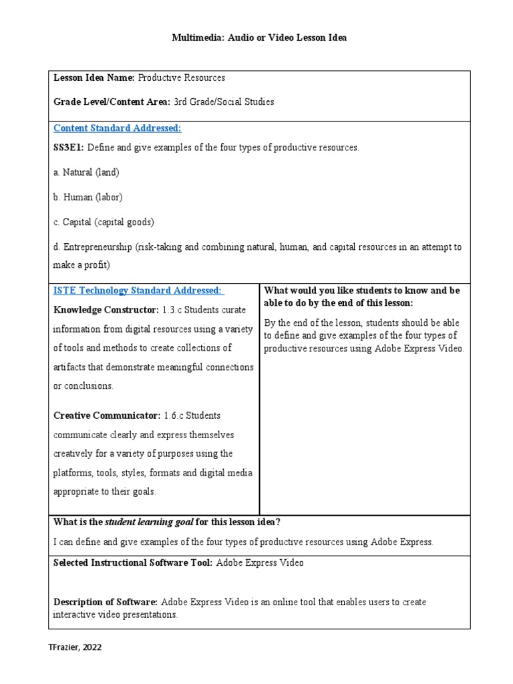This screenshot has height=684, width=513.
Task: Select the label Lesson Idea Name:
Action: [x=94, y=77]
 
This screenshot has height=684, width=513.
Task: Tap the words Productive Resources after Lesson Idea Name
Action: [x=181, y=77]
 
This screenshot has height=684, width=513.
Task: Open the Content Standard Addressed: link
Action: [x=117, y=128]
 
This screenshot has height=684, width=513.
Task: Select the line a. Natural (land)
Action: [x=86, y=172]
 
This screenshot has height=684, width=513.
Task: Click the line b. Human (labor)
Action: [x=88, y=197]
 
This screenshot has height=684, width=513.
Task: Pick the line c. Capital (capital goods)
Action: [x=104, y=222]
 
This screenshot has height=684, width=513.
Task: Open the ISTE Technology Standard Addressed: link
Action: [x=138, y=291]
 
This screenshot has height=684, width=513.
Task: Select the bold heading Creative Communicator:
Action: [x=107, y=415]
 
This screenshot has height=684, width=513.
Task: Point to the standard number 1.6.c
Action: [x=174, y=415]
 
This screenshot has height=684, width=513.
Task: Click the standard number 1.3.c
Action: [x=173, y=310]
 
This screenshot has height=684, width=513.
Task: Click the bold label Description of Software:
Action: [x=106, y=602]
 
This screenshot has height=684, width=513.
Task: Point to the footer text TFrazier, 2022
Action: [x=75, y=647]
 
